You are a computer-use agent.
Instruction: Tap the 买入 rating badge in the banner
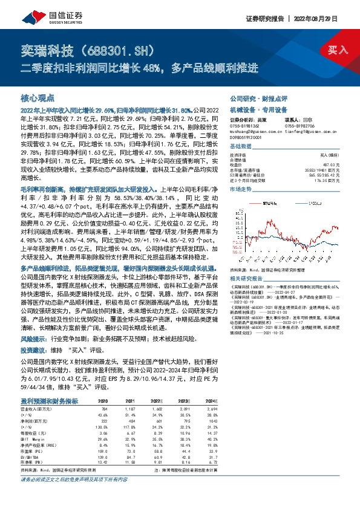(x=339, y=50)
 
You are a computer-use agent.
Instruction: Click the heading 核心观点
(x=38, y=97)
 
